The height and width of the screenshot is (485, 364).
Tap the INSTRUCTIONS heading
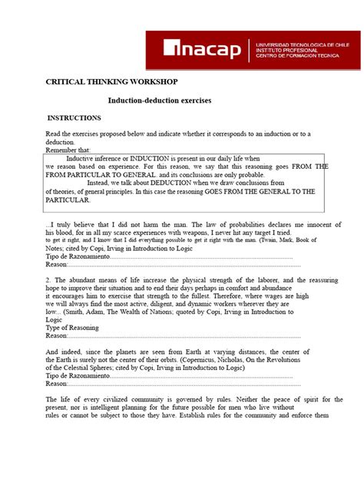pos(74,118)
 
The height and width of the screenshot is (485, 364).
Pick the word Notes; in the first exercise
pos(58,248)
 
